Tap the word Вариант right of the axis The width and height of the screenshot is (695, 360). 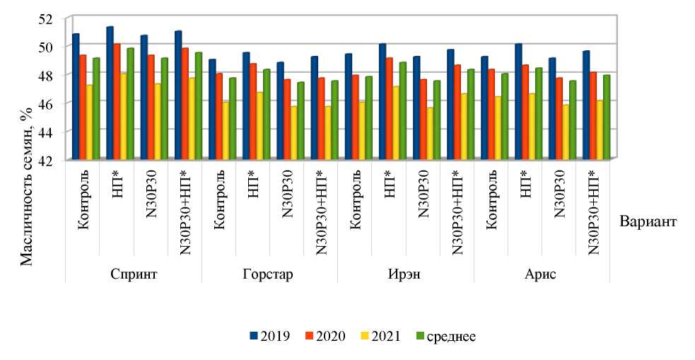tap(648, 221)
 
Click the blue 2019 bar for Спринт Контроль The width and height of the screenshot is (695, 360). tap(76, 97)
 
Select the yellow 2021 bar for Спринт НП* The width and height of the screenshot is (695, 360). tap(123, 115)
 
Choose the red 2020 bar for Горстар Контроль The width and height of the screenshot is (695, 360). tap(219, 116)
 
